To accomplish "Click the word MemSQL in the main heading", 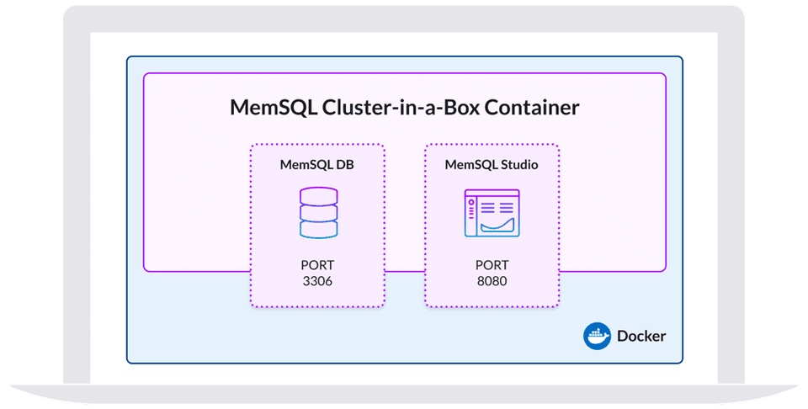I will (268, 109).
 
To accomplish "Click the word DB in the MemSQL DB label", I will (344, 165).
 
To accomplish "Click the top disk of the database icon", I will (318, 197).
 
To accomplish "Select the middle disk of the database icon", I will (318, 212).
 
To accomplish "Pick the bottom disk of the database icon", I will (318, 228).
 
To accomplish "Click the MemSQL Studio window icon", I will (492, 212).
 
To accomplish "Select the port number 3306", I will (317, 281).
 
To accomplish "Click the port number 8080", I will (492, 281).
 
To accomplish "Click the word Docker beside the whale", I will (641, 336).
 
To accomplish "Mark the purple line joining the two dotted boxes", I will (404, 271).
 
